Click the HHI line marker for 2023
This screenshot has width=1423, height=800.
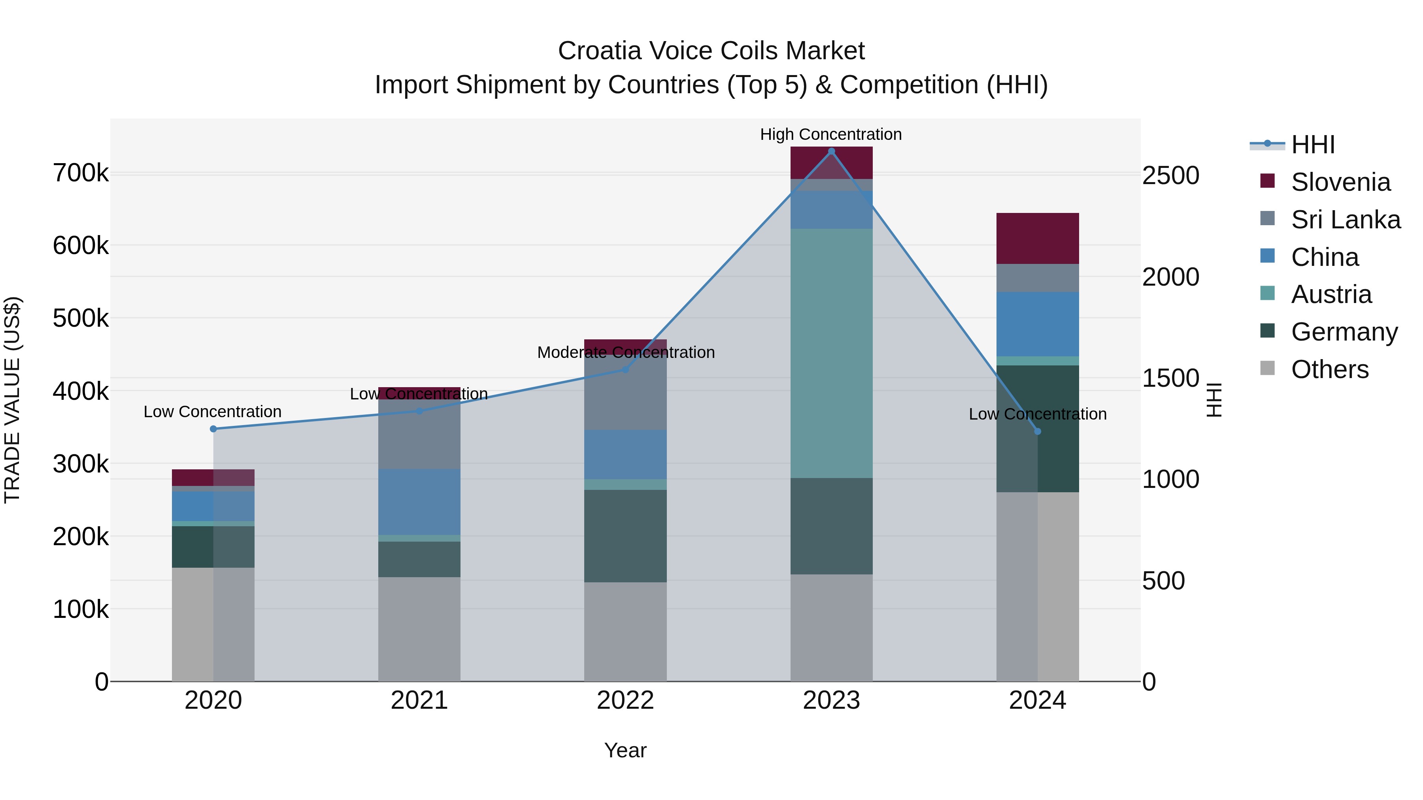pos(831,151)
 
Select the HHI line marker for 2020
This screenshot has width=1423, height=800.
pos(213,429)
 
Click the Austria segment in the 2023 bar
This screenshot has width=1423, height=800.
pos(831,353)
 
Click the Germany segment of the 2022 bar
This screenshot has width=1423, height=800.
pos(625,536)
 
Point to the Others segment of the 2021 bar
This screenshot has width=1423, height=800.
pos(419,629)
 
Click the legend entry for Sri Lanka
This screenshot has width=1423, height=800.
pos(1345,220)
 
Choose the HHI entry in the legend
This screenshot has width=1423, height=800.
pos(1312,145)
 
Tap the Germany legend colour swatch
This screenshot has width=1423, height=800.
pos(1267,331)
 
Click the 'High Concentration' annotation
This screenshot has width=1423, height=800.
pos(831,134)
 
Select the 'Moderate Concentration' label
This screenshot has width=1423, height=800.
pos(626,352)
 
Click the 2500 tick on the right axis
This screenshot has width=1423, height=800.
pos(1170,175)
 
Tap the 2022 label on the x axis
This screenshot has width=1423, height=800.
pos(625,700)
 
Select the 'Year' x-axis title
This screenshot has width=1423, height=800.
pos(625,750)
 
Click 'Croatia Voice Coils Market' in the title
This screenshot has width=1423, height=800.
pos(711,51)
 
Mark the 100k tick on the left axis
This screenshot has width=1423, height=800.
pos(81,610)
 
